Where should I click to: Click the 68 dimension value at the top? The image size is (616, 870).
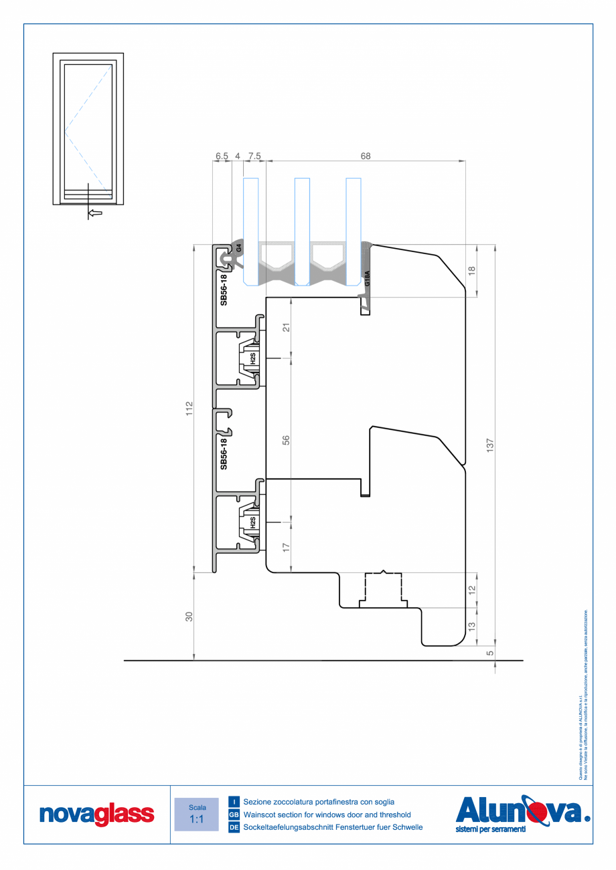click(366, 156)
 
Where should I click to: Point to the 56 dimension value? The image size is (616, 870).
click(285, 441)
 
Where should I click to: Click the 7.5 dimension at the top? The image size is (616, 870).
click(254, 156)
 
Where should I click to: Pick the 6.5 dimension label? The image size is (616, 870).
click(222, 156)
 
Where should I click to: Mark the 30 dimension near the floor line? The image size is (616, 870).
click(189, 617)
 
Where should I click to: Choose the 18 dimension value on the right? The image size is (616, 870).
click(471, 271)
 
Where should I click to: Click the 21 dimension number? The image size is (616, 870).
click(285, 328)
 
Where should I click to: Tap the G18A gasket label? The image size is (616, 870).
click(367, 278)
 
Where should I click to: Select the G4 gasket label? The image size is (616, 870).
click(238, 247)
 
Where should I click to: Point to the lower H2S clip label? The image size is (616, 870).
click(252, 523)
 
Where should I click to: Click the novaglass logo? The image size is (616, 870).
click(97, 814)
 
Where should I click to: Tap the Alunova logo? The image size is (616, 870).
click(522, 813)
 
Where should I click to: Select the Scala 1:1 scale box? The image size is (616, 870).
click(196, 814)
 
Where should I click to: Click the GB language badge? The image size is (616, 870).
click(234, 814)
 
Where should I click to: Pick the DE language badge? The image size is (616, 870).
click(234, 828)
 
